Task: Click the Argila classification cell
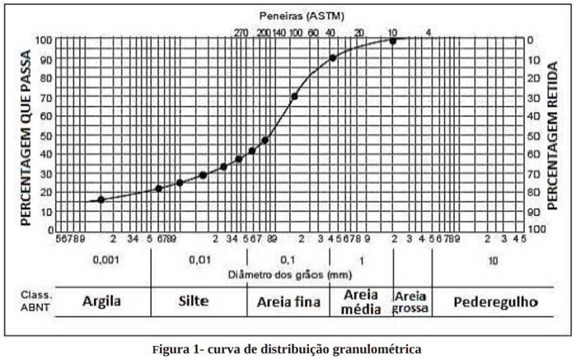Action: coord(101,302)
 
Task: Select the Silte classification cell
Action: coord(199,302)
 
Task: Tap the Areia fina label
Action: coord(288,302)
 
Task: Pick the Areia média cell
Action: coord(360,302)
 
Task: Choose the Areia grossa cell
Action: coord(411,302)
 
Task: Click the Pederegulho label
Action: coord(494,302)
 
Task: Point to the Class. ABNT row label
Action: coord(36,302)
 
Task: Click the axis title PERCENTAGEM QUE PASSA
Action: coord(26,134)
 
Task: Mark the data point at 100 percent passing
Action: coord(393,40)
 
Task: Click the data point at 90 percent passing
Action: coord(333,58)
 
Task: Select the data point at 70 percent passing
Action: coord(294,96)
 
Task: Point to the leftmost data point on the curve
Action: coord(101,199)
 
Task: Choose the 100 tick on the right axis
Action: coord(536,229)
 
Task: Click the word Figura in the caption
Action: coord(173,348)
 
